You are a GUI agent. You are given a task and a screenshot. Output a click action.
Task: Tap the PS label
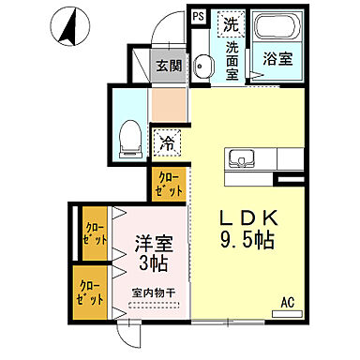(198, 16)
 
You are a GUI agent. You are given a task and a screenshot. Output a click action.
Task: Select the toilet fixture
(131, 139)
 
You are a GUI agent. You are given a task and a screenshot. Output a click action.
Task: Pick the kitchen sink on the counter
(236, 157)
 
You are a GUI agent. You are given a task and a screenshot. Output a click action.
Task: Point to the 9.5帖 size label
(247, 241)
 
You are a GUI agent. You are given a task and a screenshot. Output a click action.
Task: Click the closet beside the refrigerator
(169, 183)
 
